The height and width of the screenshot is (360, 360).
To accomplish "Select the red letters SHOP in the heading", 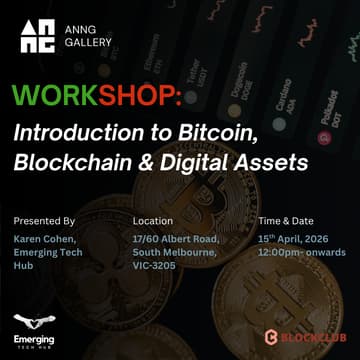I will (141, 98).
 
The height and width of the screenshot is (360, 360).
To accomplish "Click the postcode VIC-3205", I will (155, 265).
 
